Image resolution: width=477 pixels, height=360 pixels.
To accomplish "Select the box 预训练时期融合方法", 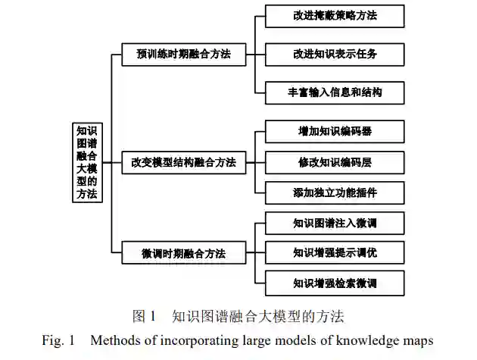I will point(183,54).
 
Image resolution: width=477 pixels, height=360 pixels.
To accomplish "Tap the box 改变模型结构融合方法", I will point(183,162).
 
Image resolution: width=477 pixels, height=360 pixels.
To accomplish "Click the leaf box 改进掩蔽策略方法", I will point(334,15).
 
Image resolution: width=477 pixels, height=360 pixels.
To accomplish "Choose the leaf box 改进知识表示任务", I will point(334,54).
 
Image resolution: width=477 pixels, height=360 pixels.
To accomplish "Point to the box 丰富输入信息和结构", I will point(334,92).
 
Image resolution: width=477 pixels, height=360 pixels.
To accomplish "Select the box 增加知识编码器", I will point(334,131).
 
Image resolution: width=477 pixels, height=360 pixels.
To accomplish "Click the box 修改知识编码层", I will point(334,162).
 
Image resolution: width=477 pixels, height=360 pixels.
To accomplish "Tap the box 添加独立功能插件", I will point(334,193).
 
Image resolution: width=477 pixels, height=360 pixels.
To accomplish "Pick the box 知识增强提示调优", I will point(334,252).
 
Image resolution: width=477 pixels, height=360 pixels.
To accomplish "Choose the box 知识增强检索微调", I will point(334,283).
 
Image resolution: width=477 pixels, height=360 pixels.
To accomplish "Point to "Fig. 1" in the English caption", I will point(58,340).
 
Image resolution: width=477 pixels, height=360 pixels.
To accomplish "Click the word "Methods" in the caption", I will point(113,340).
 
